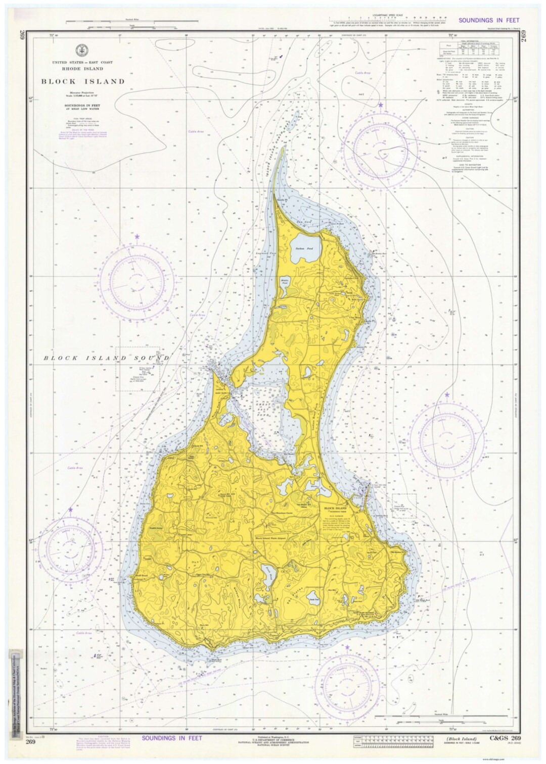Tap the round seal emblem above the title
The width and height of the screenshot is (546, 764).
pos(80,50)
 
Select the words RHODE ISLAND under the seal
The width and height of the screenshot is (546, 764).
pos(83,69)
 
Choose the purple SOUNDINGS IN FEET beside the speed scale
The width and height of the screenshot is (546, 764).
pos(489,20)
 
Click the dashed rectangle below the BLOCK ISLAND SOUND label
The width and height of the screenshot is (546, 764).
pos(139,369)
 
